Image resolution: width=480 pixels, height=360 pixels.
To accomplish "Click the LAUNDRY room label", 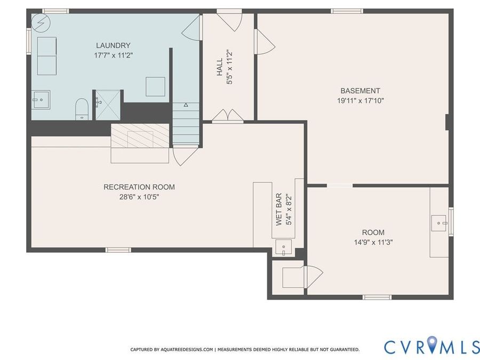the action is (113, 46).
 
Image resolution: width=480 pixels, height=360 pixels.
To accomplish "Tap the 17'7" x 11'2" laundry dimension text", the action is (113, 55).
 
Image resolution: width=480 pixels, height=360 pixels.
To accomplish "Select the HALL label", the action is (220, 67).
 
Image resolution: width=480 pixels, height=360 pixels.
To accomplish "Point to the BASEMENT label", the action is (361, 91).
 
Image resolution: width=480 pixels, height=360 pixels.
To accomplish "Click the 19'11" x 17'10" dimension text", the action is (361, 100).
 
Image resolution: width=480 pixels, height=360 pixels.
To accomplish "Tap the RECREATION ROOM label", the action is (139, 187).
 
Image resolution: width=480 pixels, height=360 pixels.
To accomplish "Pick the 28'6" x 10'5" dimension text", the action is (139, 197).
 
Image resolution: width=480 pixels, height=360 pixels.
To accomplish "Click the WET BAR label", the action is (278, 210).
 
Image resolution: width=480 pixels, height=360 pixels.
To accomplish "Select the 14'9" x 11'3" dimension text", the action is (373, 243).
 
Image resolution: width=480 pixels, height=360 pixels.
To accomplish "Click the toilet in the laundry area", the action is (82, 109).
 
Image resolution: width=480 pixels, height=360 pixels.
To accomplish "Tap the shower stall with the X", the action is (108, 105).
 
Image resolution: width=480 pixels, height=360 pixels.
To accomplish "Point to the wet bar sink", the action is (284, 247).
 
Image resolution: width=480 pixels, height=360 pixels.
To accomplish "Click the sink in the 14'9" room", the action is (439, 223).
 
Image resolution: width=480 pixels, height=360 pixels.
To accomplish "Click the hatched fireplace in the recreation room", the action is (140, 135).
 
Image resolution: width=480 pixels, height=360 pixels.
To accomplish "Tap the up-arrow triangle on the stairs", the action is (186, 105).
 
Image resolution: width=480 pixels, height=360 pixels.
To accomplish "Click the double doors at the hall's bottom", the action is (228, 116).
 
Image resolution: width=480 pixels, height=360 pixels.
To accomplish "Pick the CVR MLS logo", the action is (431, 347).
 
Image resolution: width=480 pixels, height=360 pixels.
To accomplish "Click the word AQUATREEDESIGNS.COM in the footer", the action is (187, 349).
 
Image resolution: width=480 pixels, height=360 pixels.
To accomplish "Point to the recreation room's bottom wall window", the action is (118, 250).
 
